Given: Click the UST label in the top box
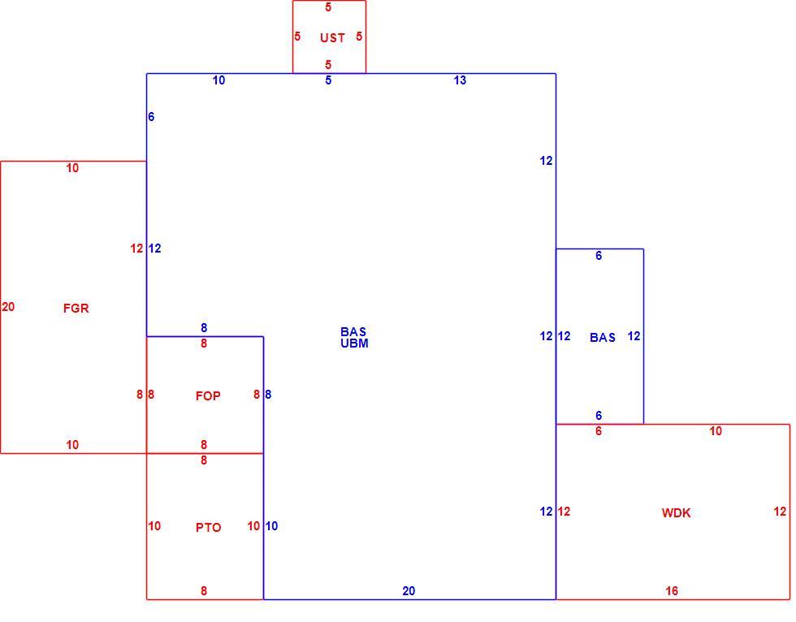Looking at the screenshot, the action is pyautogui.click(x=332, y=37).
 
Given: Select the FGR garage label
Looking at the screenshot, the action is pyautogui.click(x=76, y=308).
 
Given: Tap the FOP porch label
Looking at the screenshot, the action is pyautogui.click(x=208, y=395).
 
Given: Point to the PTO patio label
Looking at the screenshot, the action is pyautogui.click(x=208, y=528).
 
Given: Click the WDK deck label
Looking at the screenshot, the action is pyautogui.click(x=676, y=513).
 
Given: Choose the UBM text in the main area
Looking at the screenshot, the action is pyautogui.click(x=354, y=343).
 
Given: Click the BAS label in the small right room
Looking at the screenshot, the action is pyautogui.click(x=603, y=337).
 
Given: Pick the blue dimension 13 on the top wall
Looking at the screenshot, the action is pyautogui.click(x=460, y=80).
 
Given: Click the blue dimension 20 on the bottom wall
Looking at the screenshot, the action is pyautogui.click(x=409, y=590).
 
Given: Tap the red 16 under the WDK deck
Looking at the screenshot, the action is pyautogui.click(x=672, y=590).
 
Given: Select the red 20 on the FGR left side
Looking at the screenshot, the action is pyautogui.click(x=8, y=307).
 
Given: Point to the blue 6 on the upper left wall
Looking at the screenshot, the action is pyautogui.click(x=151, y=117).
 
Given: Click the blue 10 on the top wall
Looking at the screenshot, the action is pyautogui.click(x=218, y=80).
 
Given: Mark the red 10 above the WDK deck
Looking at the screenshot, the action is pyautogui.click(x=716, y=430).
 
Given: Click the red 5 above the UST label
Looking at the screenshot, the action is pyautogui.click(x=328, y=7).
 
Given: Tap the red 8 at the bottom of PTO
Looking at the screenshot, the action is pyautogui.click(x=204, y=590).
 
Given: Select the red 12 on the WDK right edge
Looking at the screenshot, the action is pyautogui.click(x=781, y=512).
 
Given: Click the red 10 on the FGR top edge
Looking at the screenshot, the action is pyautogui.click(x=72, y=168).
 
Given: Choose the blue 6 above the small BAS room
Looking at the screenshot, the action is pyautogui.click(x=599, y=256).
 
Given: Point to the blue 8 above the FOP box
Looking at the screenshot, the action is pyautogui.click(x=204, y=328).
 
